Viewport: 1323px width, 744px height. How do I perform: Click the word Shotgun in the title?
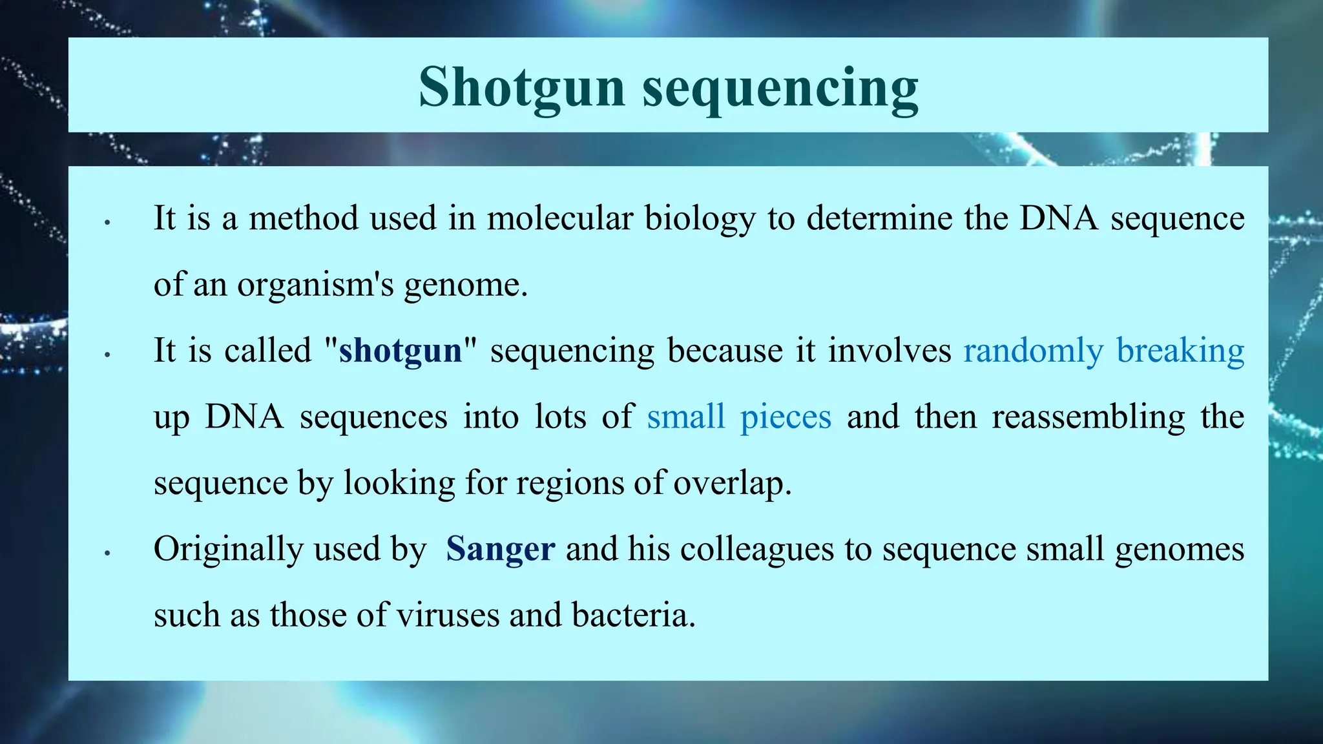[522, 88]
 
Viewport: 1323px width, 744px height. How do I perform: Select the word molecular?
[559, 218]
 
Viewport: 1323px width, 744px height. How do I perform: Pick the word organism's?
[315, 285]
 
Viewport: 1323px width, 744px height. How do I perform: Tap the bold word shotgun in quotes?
[401, 351]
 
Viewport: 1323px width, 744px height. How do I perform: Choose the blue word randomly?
[1033, 351]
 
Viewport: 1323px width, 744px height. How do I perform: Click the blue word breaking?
[1180, 351]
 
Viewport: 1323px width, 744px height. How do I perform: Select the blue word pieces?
[786, 418]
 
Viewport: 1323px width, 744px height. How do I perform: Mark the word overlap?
[732, 484]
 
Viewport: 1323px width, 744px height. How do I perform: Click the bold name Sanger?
[500, 550]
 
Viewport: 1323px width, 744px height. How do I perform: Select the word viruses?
[448, 615]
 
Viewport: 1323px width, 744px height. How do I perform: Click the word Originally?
[228, 550]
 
